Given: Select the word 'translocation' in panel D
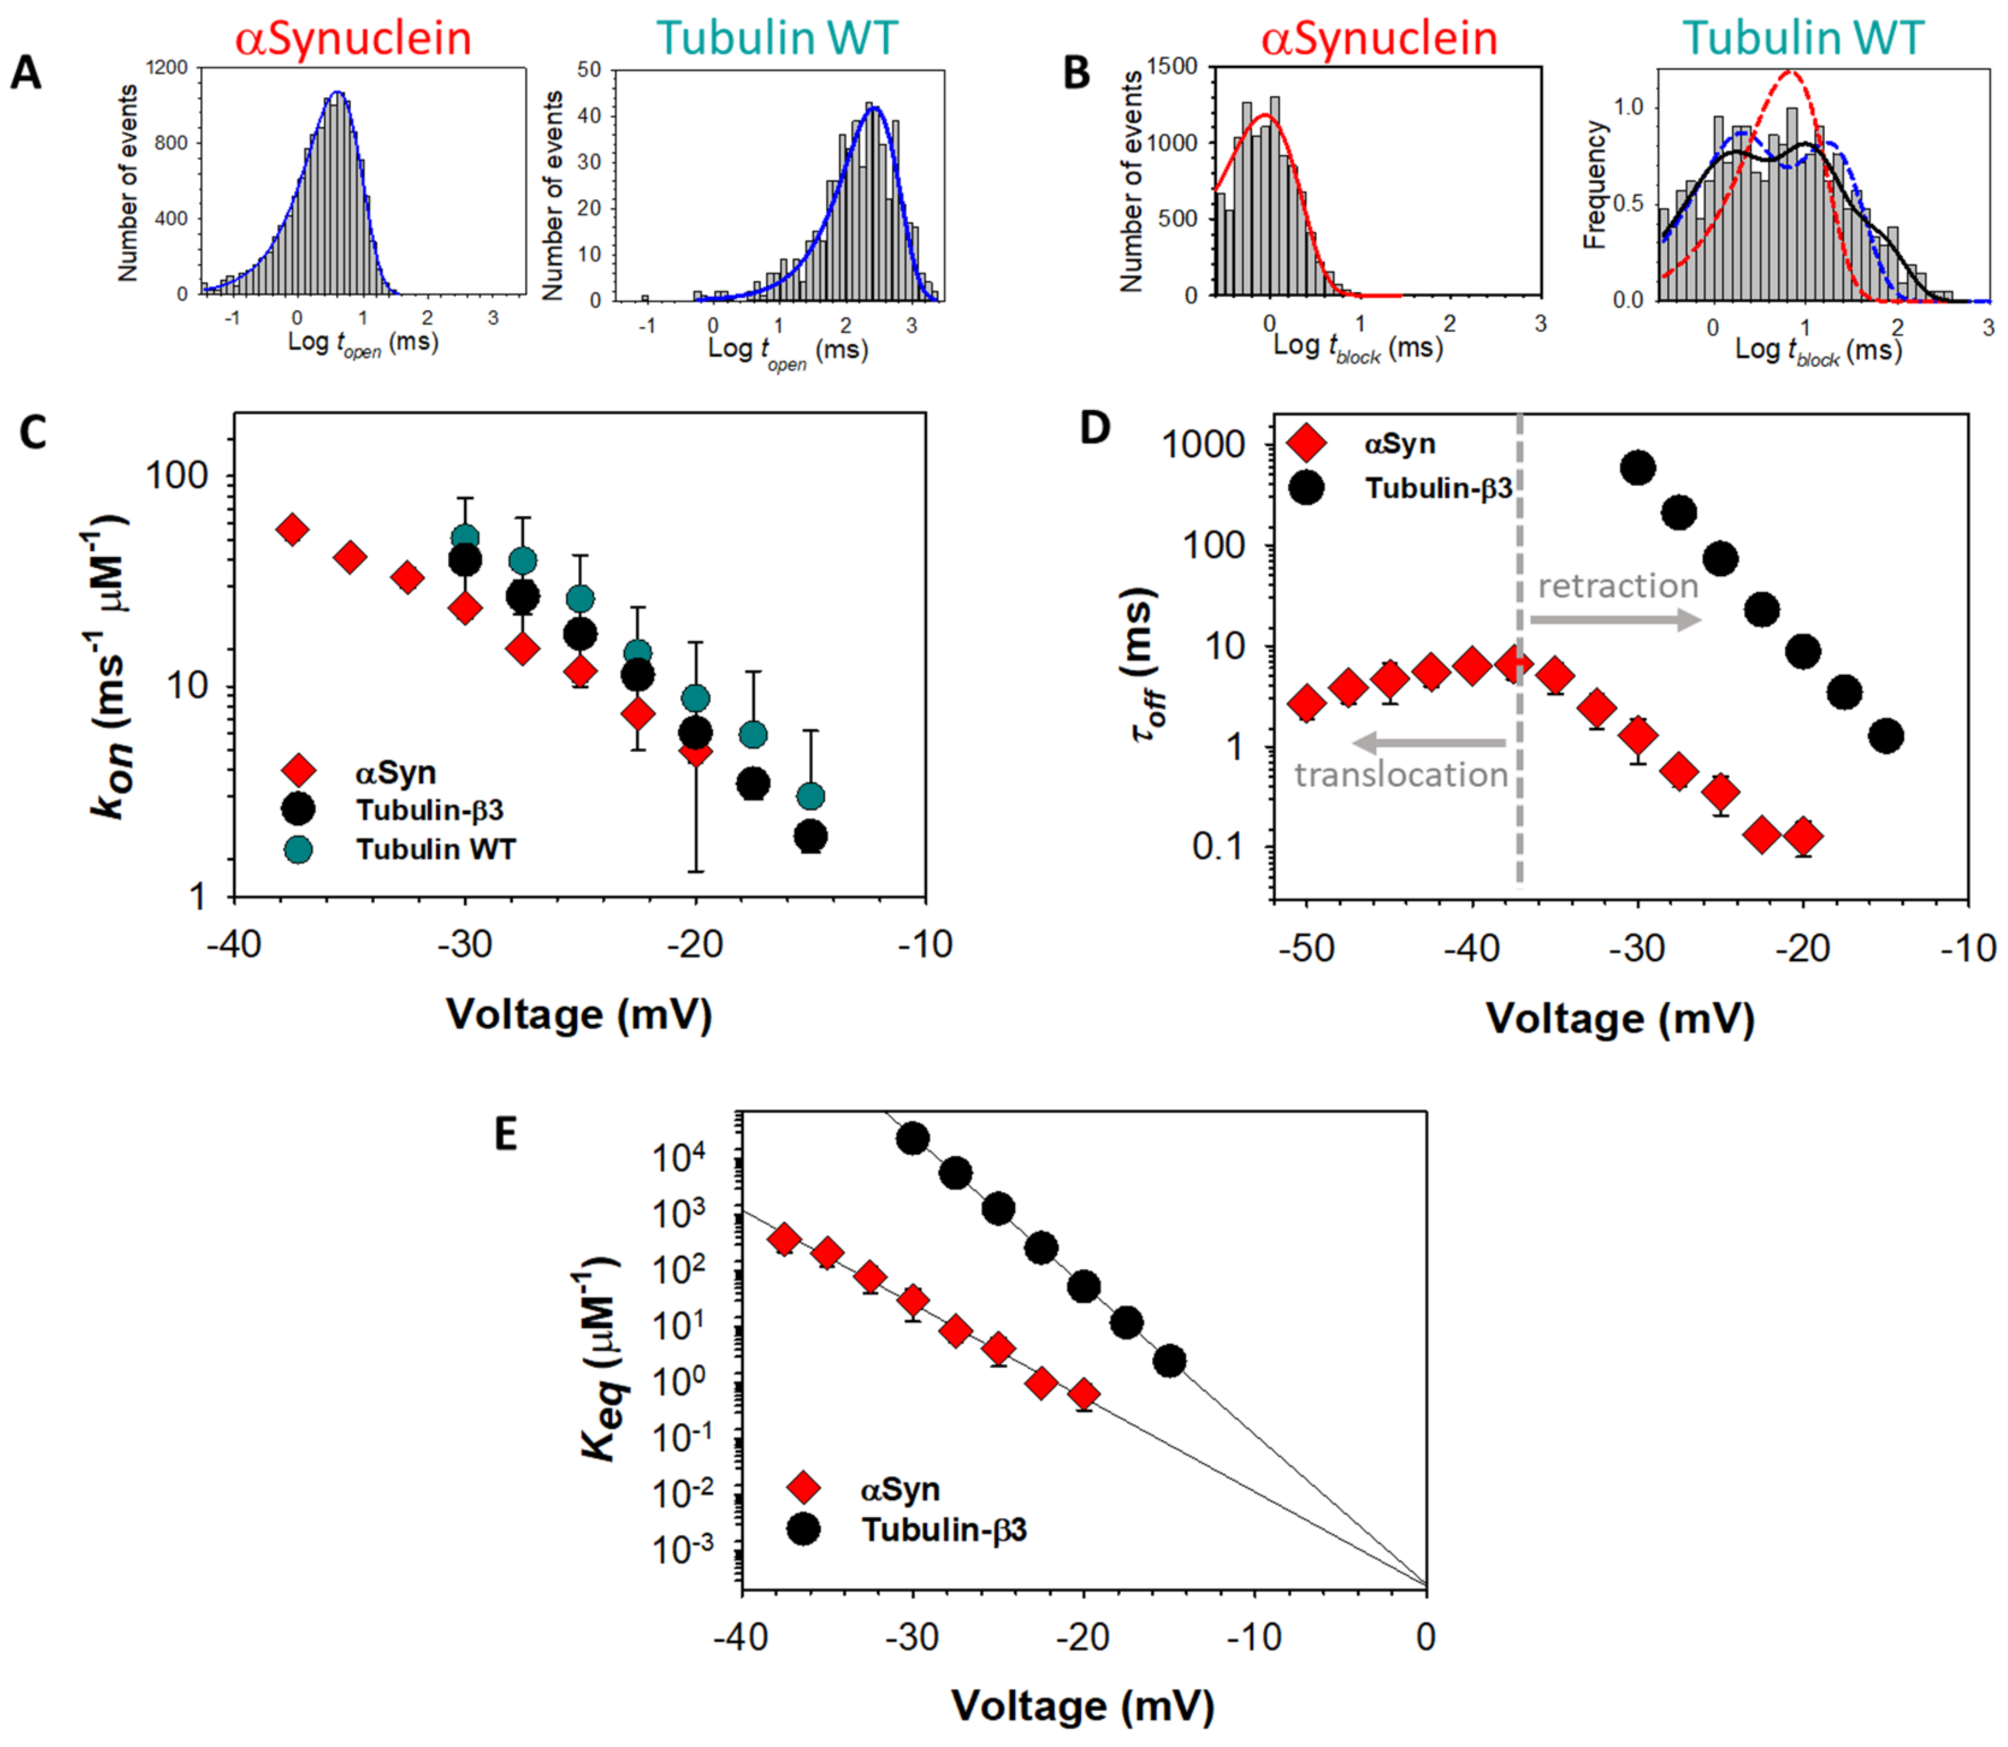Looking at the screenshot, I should coord(1401,775).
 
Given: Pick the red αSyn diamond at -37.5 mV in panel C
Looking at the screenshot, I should coord(291,529).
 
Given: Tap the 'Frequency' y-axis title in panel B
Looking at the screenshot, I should coord(1595,185).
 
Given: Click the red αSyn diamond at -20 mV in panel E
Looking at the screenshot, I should coord(1083,1395).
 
